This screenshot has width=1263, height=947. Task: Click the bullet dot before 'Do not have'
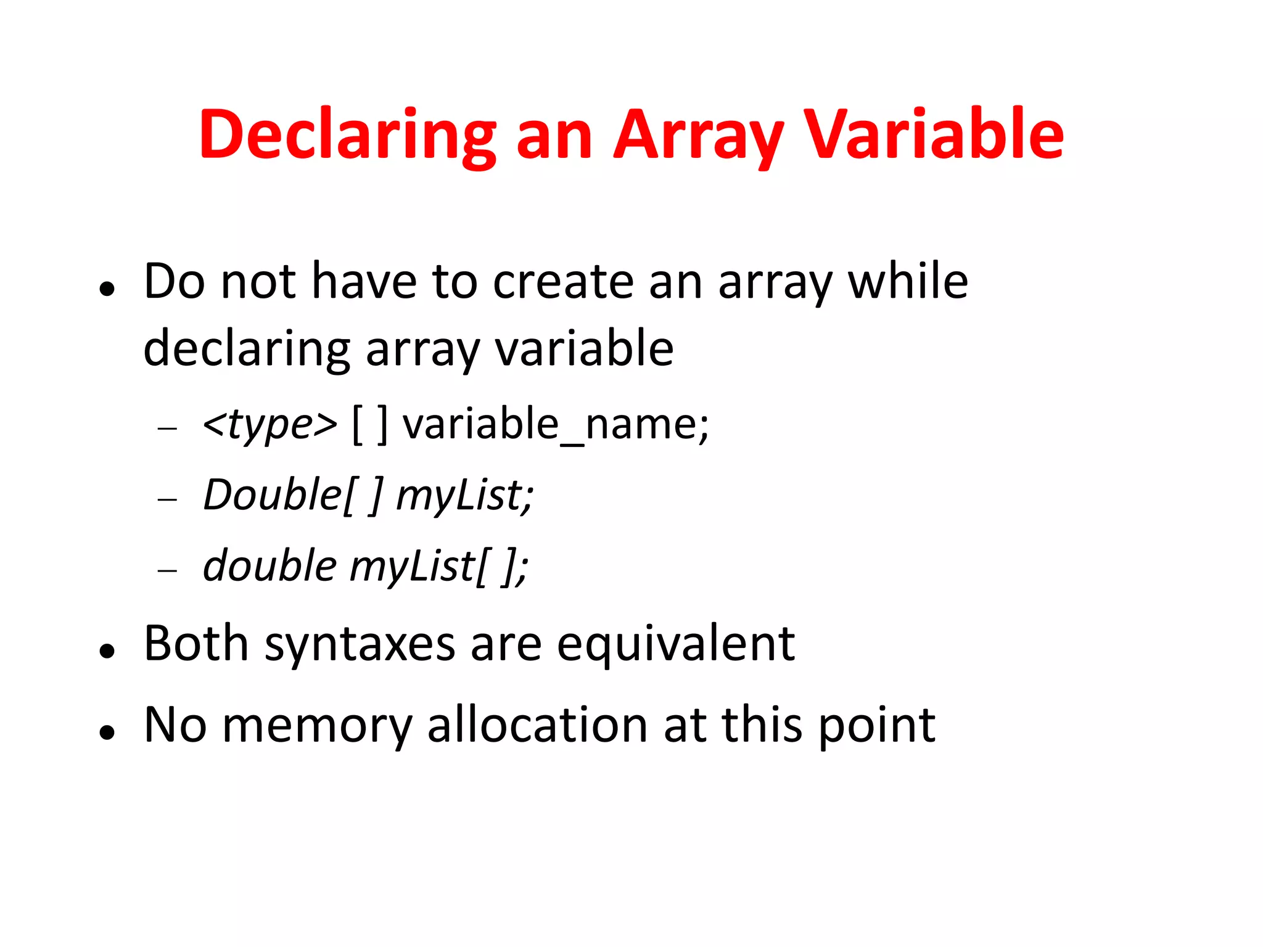coord(107,288)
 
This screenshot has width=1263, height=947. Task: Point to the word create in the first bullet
coord(563,282)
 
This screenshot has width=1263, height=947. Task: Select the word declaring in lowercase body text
coord(247,349)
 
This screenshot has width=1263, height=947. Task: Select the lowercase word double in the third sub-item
coord(269,565)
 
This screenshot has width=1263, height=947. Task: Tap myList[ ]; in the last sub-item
coord(438,567)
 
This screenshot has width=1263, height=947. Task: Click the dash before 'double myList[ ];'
coord(167,571)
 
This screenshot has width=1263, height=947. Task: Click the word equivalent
coord(676,644)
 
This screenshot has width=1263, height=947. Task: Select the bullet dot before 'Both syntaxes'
coord(107,650)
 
